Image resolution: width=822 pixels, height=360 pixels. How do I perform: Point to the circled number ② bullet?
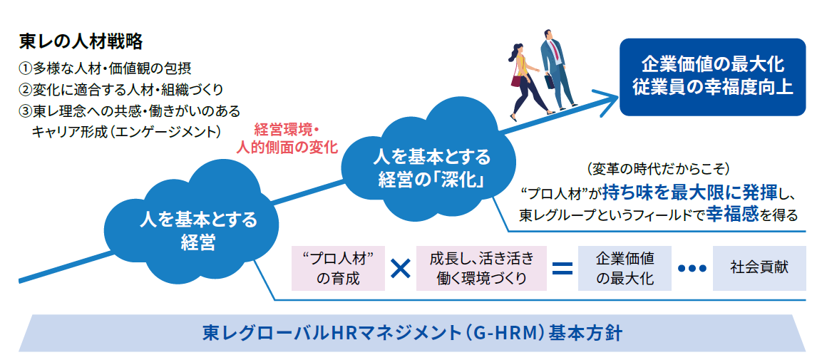pyautogui.click(x=26, y=90)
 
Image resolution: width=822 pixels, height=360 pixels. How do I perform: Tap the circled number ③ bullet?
pyautogui.click(x=26, y=111)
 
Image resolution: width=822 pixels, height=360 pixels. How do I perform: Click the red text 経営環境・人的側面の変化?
pyautogui.click(x=287, y=138)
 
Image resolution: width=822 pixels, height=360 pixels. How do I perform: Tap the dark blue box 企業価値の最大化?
pyautogui.click(x=712, y=77)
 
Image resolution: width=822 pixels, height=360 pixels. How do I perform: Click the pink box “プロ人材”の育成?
pyautogui.click(x=338, y=268)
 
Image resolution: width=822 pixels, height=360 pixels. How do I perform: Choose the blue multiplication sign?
pyautogui.click(x=401, y=268)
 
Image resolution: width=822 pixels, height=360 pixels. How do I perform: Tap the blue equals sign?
pyautogui.click(x=562, y=268)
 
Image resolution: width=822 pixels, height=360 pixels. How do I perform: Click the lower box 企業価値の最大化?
pyautogui.click(x=625, y=268)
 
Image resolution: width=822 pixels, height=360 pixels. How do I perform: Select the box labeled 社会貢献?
pyautogui.click(x=759, y=268)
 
